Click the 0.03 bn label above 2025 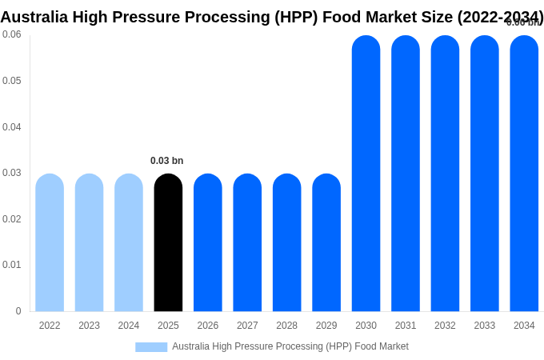coord(167,161)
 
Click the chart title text coord(272,17)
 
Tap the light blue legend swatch coord(151,347)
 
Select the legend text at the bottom coord(290,346)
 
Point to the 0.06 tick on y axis coord(12,34)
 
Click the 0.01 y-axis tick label coord(12,265)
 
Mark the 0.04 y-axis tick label coord(12,126)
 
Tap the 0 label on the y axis coord(18,311)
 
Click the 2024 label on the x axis coord(129,326)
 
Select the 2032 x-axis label coord(445,326)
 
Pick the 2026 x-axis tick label coord(208,326)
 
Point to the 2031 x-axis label coord(406,326)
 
